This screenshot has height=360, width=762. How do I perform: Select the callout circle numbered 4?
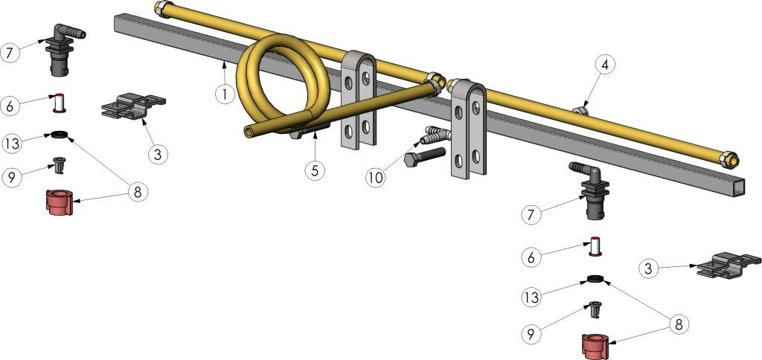point(605,65)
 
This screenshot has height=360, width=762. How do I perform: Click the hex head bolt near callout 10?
point(423,158)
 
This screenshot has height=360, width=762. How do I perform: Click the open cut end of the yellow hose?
point(249,132)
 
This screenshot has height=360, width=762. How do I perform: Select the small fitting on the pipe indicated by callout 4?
point(580,110)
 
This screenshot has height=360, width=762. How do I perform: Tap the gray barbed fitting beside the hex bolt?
point(435,136)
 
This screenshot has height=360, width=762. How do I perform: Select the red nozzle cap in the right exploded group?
point(596,344)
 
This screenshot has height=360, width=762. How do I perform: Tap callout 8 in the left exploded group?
point(137,191)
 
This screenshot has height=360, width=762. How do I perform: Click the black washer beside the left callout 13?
point(57,136)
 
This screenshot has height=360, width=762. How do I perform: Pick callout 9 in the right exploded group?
point(531,335)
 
